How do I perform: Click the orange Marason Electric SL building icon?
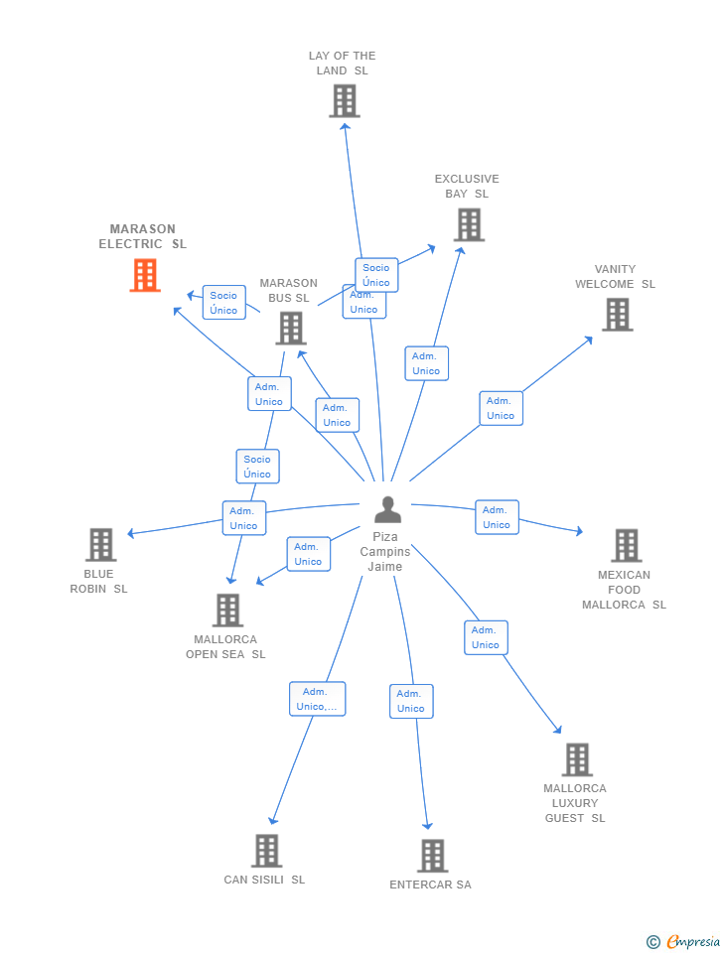(x=145, y=275)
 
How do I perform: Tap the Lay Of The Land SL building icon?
(x=344, y=101)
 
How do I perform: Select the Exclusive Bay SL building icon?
(x=469, y=224)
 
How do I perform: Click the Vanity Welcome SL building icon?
(x=617, y=315)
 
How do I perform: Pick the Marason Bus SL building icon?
(x=290, y=328)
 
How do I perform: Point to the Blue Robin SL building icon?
(x=100, y=545)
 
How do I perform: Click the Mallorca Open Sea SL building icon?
(x=227, y=610)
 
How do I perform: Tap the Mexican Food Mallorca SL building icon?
(x=626, y=545)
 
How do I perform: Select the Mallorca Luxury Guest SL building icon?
(x=577, y=759)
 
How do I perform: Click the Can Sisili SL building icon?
(x=266, y=851)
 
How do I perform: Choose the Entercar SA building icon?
(x=432, y=856)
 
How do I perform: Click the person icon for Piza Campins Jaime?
(x=387, y=509)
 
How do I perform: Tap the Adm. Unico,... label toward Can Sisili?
(x=317, y=699)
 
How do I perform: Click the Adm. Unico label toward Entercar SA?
(x=411, y=701)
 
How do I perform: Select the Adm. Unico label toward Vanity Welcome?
(x=501, y=408)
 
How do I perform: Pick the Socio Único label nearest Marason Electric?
(x=223, y=303)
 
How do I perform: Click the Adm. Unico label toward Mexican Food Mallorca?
(x=497, y=517)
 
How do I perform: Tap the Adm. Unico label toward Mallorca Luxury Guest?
(x=486, y=637)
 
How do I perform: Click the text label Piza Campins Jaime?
(x=385, y=552)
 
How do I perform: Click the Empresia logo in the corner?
(x=684, y=941)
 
